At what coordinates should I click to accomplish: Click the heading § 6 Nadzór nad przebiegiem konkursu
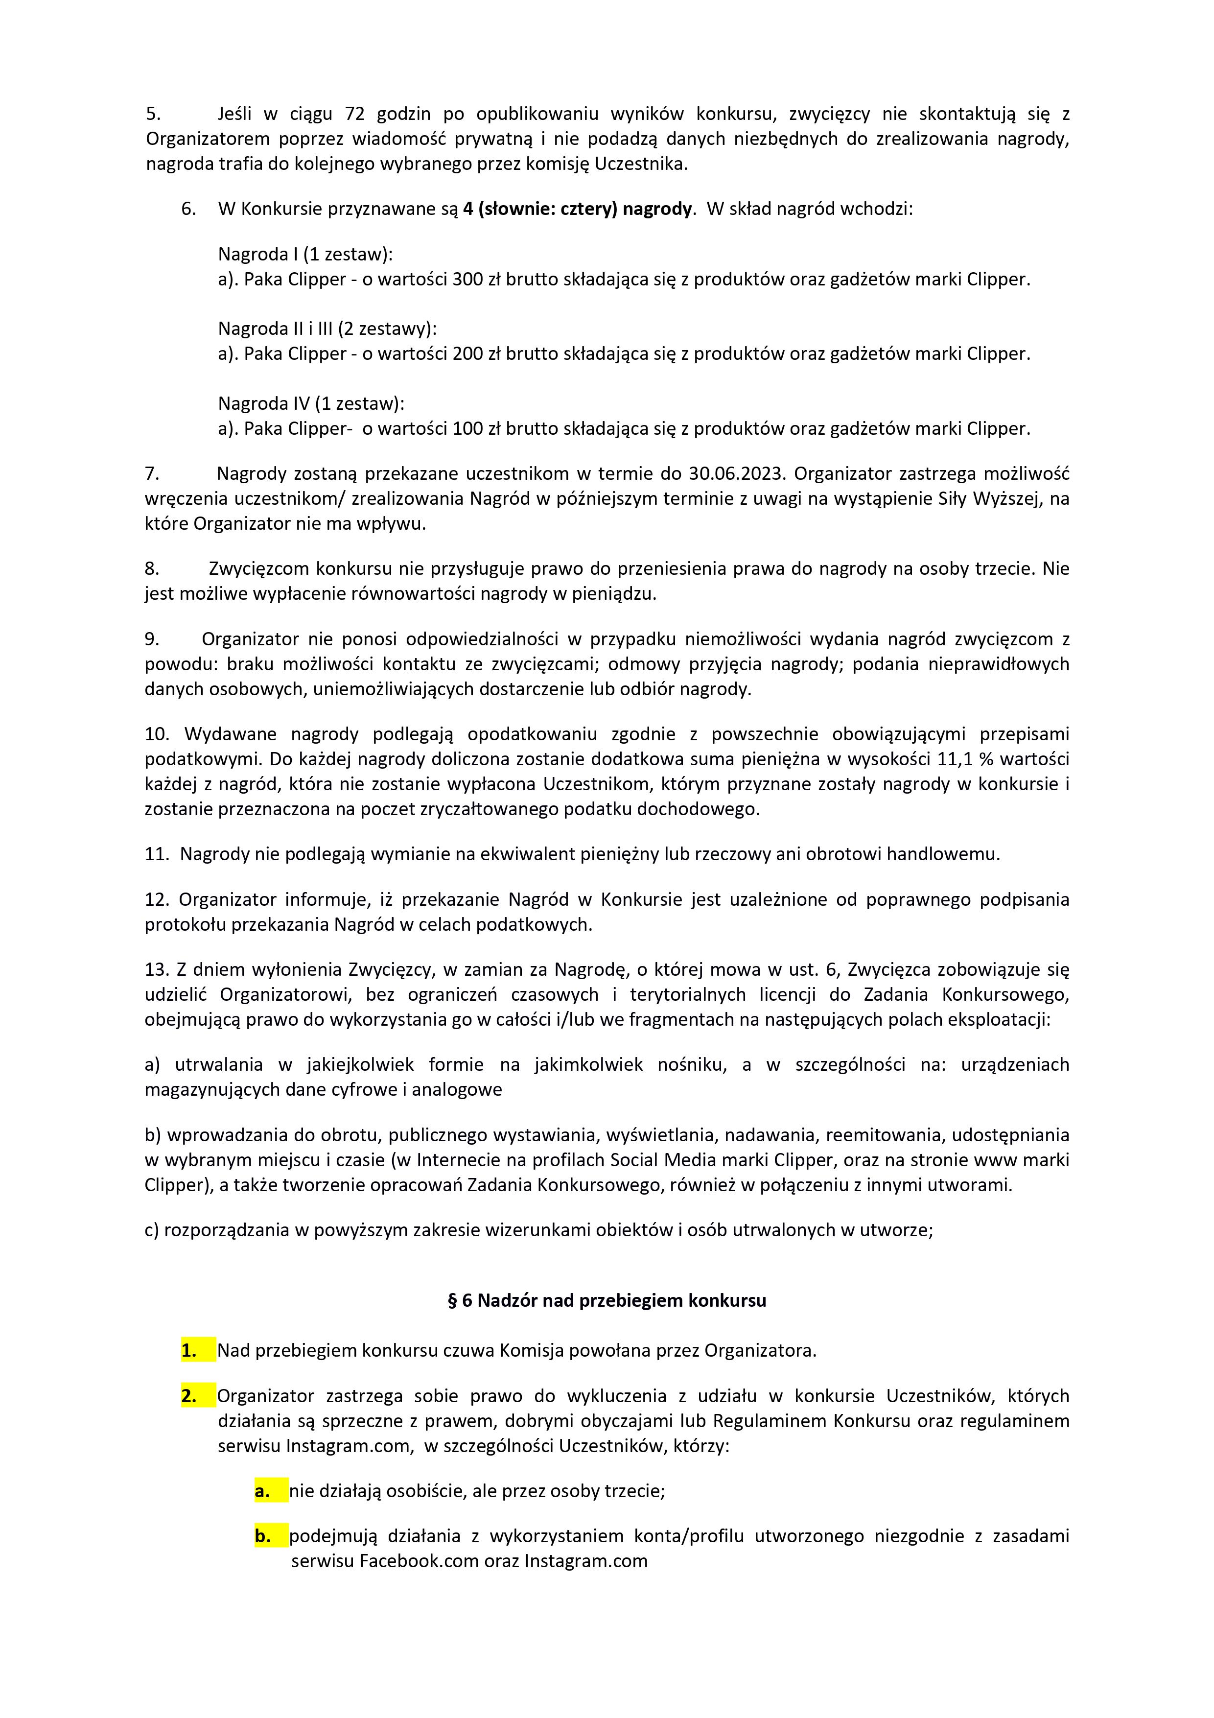click(x=607, y=1300)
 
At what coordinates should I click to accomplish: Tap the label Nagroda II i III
click(x=275, y=329)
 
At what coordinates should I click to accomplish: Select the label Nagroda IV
click(x=263, y=403)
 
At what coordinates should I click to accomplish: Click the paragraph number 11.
click(x=156, y=854)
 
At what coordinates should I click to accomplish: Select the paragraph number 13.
click(x=156, y=970)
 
